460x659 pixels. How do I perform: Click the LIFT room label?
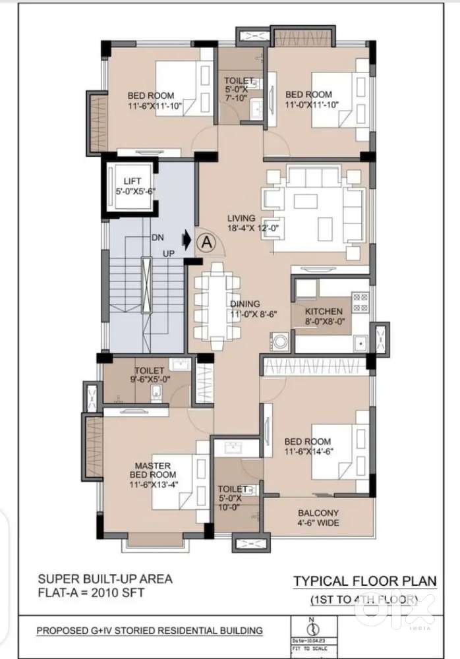(132, 186)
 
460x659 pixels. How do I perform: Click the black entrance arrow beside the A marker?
(187, 241)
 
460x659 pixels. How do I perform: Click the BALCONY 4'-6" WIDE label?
(318, 518)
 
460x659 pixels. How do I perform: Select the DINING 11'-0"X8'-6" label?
(244, 309)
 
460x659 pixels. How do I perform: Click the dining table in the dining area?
(216, 306)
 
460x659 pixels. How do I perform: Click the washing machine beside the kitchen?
(277, 342)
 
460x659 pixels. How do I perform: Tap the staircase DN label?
(158, 237)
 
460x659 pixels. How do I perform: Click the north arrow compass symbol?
(311, 623)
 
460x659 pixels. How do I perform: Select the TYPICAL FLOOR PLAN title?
(364, 581)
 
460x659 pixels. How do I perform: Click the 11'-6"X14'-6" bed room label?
(308, 446)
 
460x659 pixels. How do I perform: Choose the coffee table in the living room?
(306, 201)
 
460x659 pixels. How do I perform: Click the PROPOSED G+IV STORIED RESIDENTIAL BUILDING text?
(149, 631)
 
